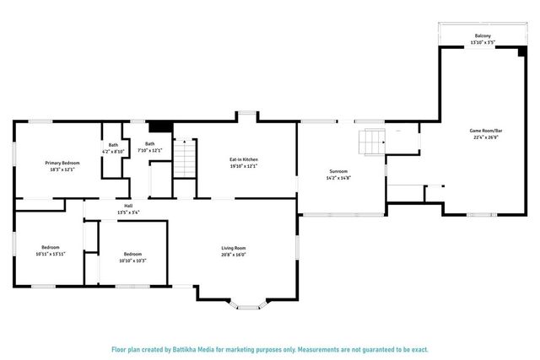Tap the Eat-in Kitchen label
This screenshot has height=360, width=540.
(244, 159)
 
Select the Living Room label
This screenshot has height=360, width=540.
(234, 247)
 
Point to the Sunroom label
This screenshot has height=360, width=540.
(337, 171)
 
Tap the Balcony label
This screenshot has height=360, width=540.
(483, 35)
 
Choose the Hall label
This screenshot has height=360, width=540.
(128, 206)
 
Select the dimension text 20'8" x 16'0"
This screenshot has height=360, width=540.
(234, 254)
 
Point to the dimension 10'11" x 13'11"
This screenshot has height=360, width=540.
(51, 254)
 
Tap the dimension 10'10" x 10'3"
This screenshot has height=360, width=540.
(132, 261)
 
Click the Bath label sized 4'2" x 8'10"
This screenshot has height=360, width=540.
(114, 144)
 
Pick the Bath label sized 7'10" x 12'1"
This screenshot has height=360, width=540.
(150, 143)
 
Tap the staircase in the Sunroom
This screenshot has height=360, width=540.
(371, 142)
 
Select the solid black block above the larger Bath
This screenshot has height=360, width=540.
(160, 126)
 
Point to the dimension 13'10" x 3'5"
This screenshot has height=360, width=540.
(483, 41)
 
